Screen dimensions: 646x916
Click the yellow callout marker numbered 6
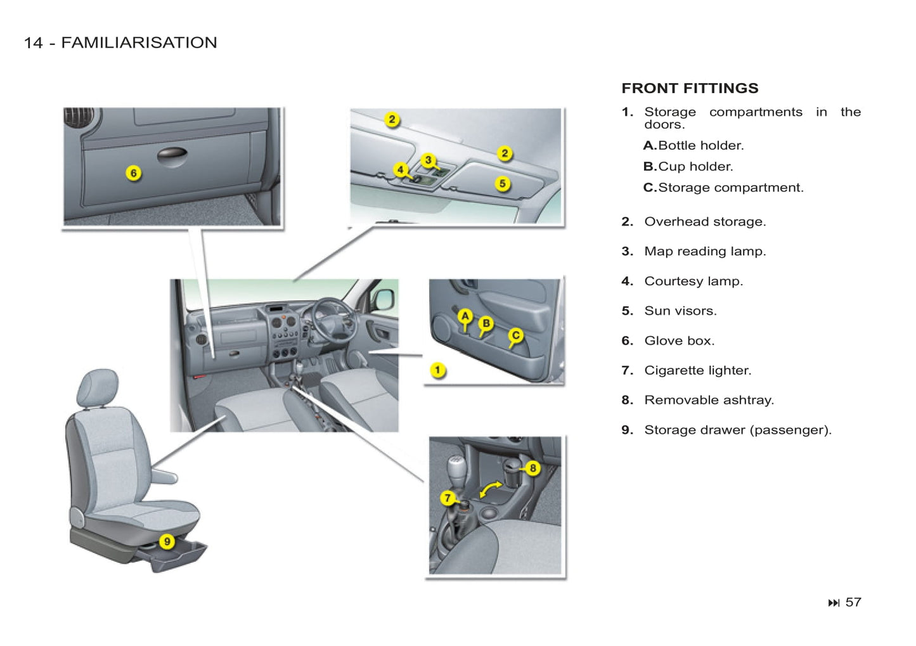pos(133,173)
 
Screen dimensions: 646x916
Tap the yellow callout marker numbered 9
pos(167,541)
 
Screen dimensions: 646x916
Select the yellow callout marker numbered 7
pos(448,498)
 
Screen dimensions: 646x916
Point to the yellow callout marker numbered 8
pos(532,468)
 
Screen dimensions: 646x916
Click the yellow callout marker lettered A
pos(465,316)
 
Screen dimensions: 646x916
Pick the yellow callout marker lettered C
pos(516,335)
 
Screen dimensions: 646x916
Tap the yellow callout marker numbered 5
pos(502,184)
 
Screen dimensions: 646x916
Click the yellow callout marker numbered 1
pos(437,370)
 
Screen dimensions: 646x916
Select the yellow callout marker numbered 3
pos(429,160)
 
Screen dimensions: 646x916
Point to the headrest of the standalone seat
pos(98,387)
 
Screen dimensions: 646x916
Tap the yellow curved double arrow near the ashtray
pos(490,489)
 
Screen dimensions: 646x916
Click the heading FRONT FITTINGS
pos(690,88)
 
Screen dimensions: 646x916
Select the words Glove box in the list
pos(679,341)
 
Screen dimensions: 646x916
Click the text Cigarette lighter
pos(697,371)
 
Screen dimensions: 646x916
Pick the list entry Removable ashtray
pos(709,401)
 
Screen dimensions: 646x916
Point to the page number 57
pos(853,602)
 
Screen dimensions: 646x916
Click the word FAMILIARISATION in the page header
pos(139,42)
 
